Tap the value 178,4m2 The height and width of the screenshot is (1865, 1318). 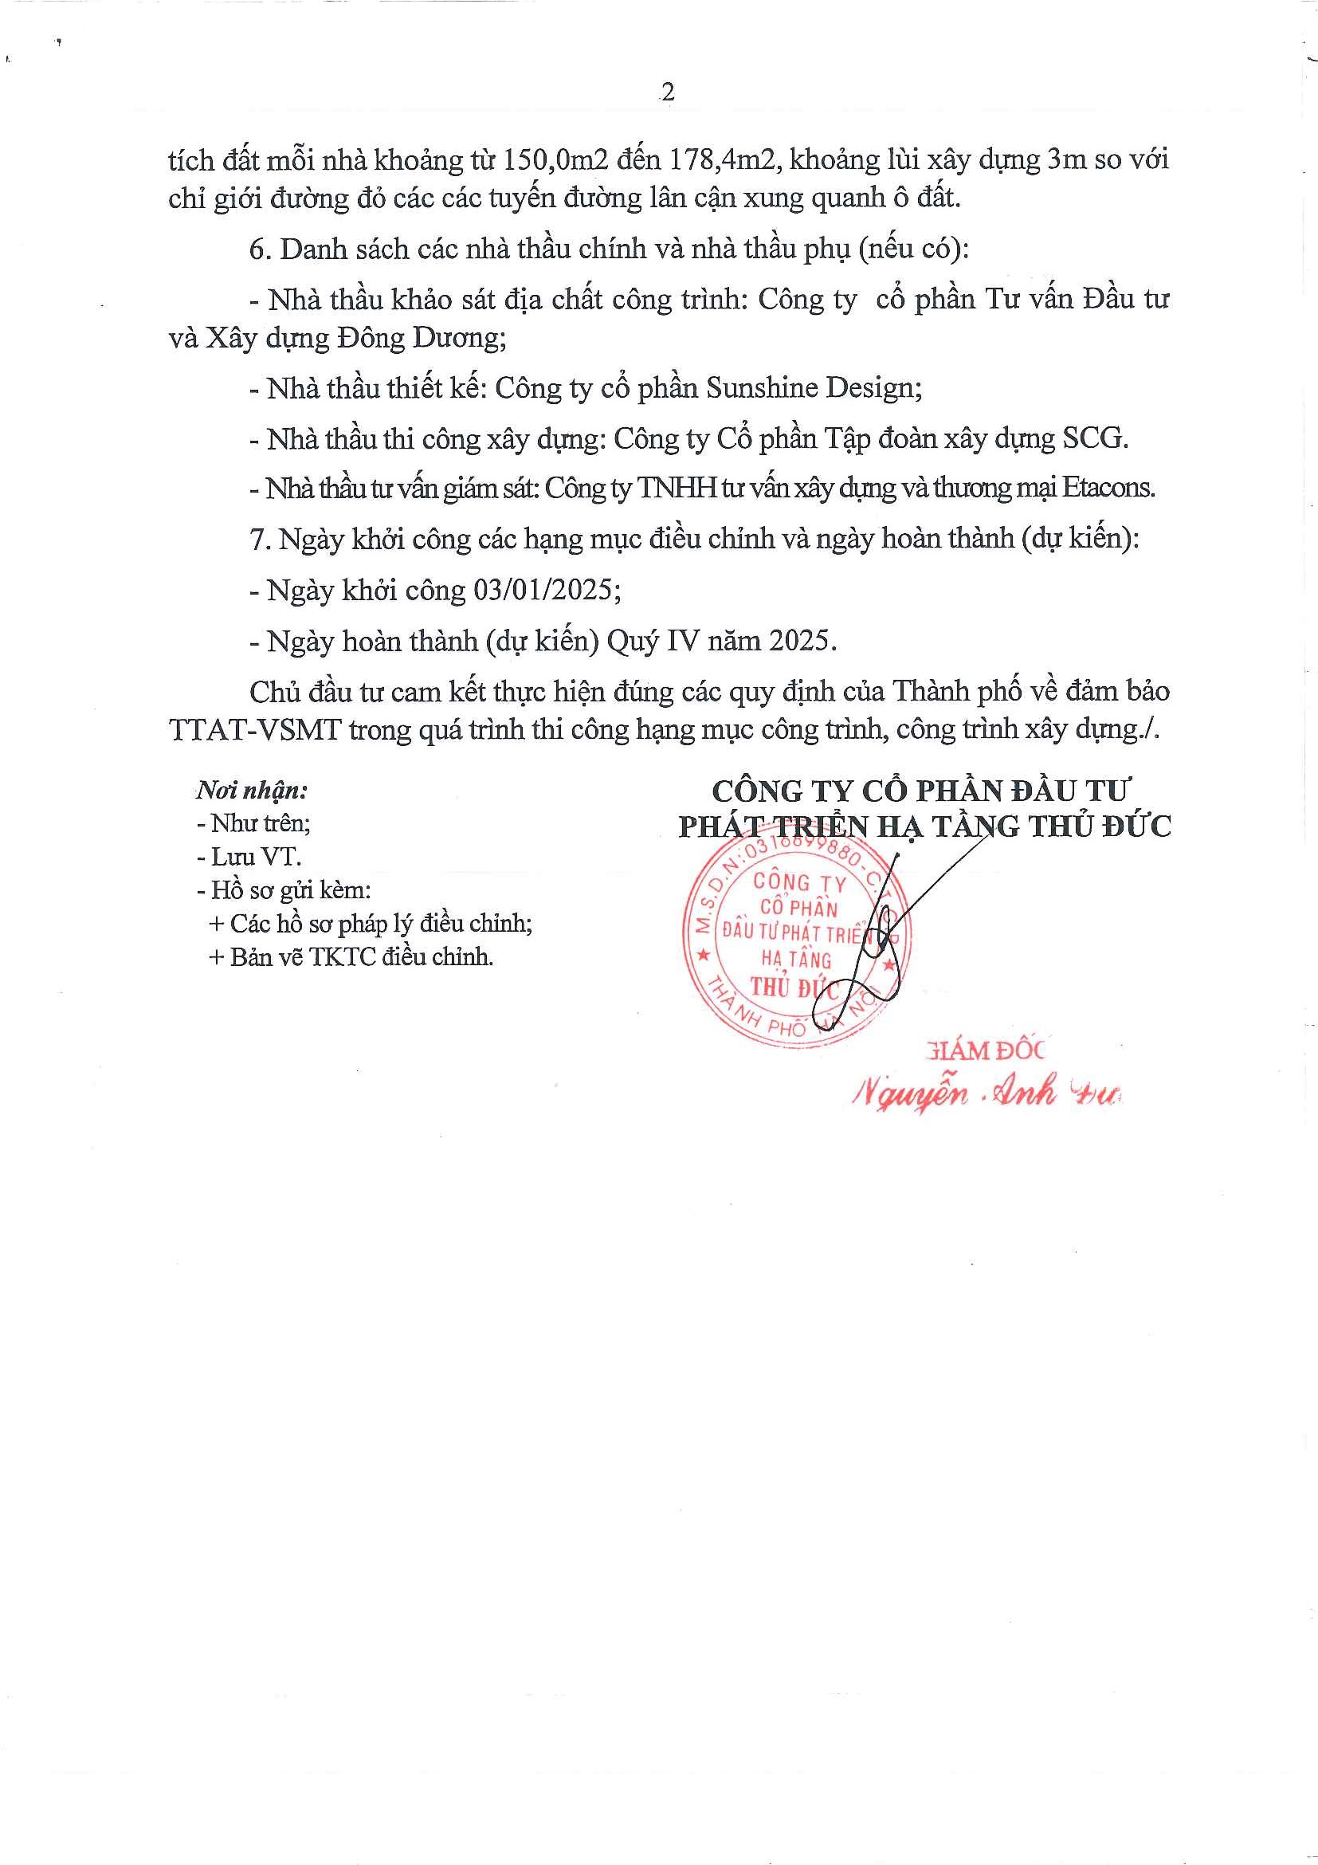click(724, 160)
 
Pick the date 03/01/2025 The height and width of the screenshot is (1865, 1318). click(547, 590)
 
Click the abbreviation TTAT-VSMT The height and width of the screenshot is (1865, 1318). click(255, 729)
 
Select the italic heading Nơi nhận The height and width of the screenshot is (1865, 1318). click(251, 790)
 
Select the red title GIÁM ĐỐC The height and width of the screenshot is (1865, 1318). click(984, 1051)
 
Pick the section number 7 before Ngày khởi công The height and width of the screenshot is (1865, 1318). click(258, 540)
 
